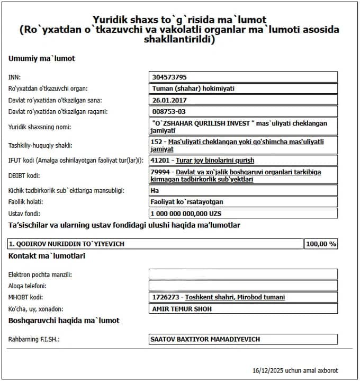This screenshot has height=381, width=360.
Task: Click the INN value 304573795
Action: [x=169, y=77]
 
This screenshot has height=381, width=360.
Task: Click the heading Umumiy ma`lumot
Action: [x=42, y=58]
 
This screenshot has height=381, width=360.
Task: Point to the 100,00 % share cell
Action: [x=321, y=244]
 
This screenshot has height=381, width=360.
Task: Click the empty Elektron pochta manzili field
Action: [x=243, y=274]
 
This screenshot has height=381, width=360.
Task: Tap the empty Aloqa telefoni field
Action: [x=243, y=286]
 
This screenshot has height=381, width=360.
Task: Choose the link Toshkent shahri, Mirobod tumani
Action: [x=235, y=297]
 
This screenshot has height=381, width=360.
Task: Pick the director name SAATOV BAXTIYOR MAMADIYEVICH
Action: [x=205, y=339]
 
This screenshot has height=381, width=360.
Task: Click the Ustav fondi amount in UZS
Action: [x=185, y=213]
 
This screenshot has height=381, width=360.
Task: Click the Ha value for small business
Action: [x=155, y=190]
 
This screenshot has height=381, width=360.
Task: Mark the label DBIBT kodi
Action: [x=25, y=175]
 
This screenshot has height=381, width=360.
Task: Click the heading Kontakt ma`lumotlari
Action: [x=47, y=256]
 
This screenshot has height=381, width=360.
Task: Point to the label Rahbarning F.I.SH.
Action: [x=34, y=339]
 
